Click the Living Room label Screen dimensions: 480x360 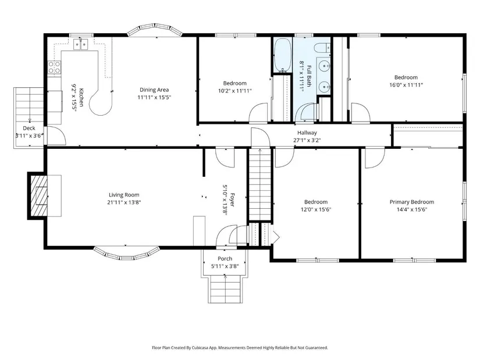[x=124, y=195]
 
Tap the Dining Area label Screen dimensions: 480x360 [x=154, y=90]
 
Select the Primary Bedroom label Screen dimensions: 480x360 [x=412, y=202]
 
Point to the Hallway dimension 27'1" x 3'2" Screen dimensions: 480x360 [x=307, y=141]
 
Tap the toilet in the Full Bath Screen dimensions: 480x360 [x=323, y=48]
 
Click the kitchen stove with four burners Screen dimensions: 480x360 [x=54, y=67]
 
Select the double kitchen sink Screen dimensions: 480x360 [x=80, y=45]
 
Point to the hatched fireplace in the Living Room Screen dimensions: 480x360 [x=38, y=195]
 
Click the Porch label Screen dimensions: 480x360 [x=225, y=259]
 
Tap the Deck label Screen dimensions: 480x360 [x=29, y=129]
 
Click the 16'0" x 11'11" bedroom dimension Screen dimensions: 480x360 [x=406, y=85]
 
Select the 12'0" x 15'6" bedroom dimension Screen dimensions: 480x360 [x=316, y=209]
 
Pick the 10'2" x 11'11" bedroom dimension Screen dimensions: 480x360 [x=235, y=91]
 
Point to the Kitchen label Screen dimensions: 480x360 [x=81, y=97]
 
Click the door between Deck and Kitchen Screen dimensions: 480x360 [x=56, y=135]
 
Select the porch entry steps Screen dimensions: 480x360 [x=225, y=290]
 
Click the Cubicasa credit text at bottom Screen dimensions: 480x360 [x=240, y=348]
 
